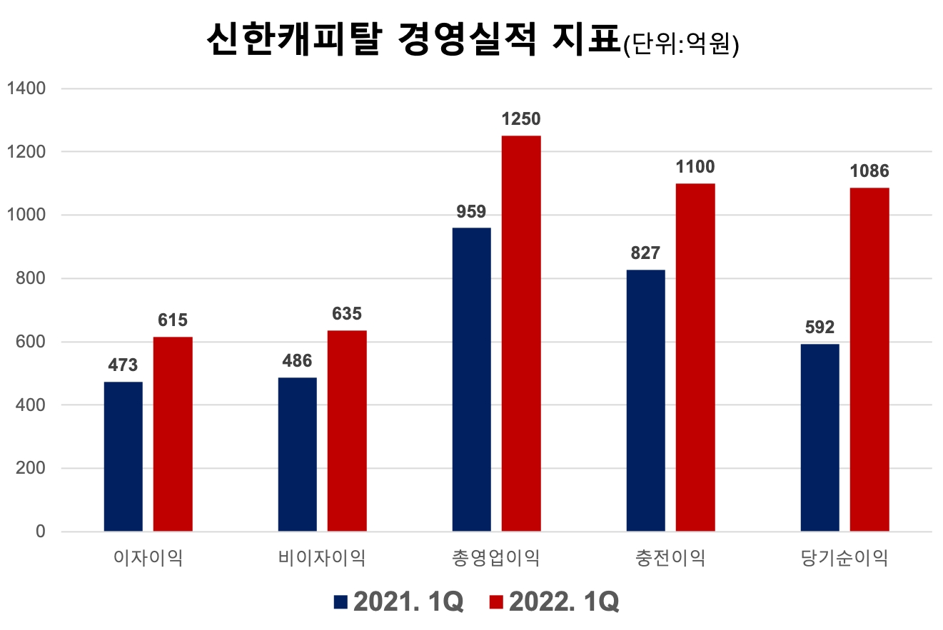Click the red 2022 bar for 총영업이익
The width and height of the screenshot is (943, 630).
pyautogui.click(x=521, y=333)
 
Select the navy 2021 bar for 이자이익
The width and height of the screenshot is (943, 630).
pyautogui.click(x=123, y=457)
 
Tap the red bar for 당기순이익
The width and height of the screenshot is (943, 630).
pyautogui.click(x=869, y=360)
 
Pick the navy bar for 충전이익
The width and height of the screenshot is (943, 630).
pyautogui.click(x=645, y=400)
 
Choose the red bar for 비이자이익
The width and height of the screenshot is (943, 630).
pyautogui.click(x=347, y=431)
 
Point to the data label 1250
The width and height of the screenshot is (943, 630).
pyautogui.click(x=521, y=119)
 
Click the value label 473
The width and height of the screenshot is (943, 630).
pyautogui.click(x=123, y=365)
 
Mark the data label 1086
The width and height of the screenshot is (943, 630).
pyautogui.click(x=869, y=172)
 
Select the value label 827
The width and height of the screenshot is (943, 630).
pyautogui.click(x=645, y=253)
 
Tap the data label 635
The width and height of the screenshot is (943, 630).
pyautogui.click(x=347, y=314)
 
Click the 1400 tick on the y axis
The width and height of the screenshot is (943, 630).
pyautogui.click(x=26, y=88)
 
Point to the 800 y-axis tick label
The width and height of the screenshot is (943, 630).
pyautogui.click(x=31, y=278)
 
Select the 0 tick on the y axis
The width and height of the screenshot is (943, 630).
pyautogui.click(x=40, y=532)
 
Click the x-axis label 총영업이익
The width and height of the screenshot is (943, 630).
pyautogui.click(x=496, y=558)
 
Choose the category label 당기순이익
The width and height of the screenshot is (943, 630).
pyautogui.click(x=844, y=558)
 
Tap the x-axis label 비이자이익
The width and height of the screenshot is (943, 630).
pyautogui.click(x=322, y=558)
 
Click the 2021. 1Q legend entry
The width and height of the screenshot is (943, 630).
pyautogui.click(x=398, y=601)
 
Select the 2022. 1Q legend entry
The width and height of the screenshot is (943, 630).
pyautogui.click(x=554, y=601)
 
